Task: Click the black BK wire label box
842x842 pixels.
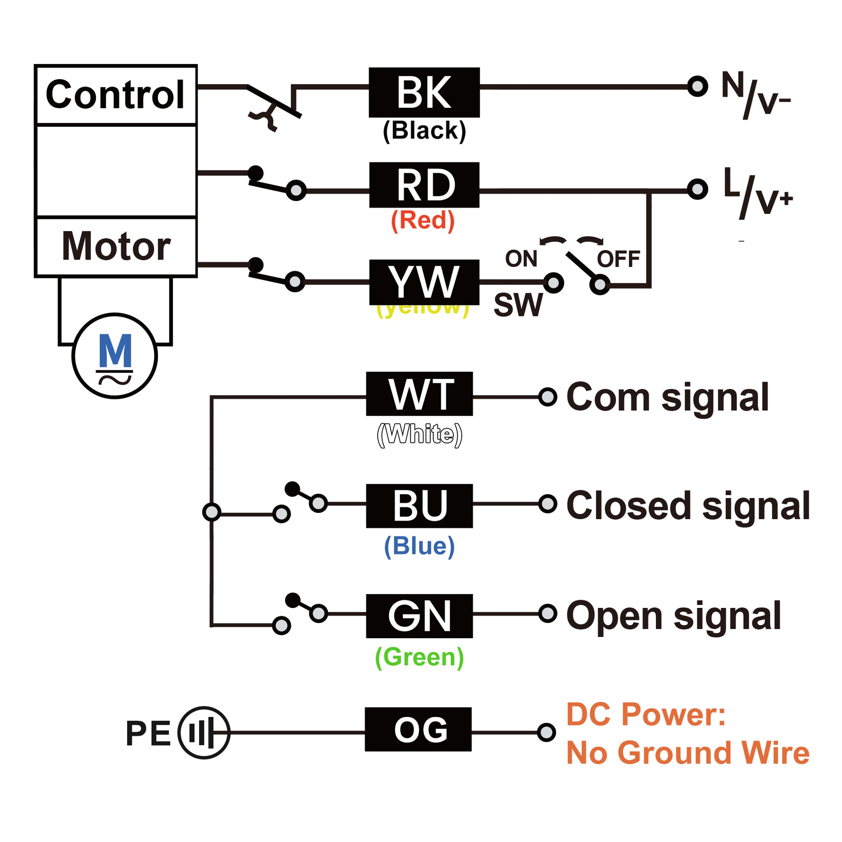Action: pos(424,93)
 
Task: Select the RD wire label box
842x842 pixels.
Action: pos(424,185)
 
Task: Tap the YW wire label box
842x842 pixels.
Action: pos(424,282)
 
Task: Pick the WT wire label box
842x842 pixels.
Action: pos(419,394)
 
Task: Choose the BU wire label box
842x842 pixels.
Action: pos(419,505)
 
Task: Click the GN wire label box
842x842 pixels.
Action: pos(419,616)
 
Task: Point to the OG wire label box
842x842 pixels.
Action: pos(418,729)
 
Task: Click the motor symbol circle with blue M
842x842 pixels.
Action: pos(115,356)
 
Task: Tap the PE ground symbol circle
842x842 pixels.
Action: pos(203,733)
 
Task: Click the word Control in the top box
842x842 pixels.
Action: pos(116,95)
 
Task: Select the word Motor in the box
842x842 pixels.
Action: pos(116,246)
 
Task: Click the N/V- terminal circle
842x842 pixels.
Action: pos(697,86)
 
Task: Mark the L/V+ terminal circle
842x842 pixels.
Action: pos(697,189)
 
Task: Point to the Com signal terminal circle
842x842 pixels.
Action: pos(547,397)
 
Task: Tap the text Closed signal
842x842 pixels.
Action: pos(688,505)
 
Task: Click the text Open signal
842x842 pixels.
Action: pos(673,616)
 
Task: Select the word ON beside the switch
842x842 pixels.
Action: pos(521,258)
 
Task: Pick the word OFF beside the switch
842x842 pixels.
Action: pos(618,259)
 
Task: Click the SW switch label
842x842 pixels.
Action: pos(518,305)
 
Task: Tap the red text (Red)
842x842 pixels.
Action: pos(423,220)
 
